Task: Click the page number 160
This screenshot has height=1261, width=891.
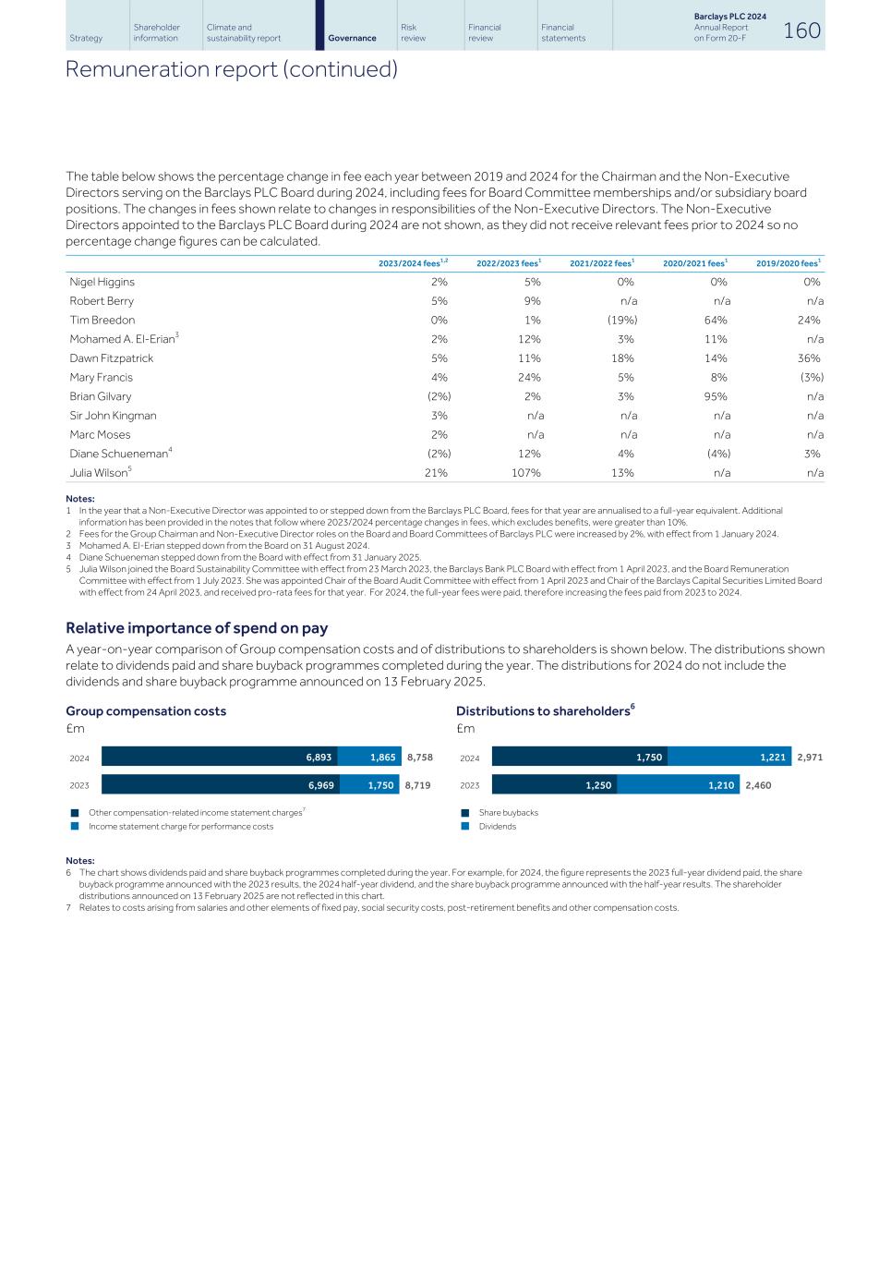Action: pos(801,30)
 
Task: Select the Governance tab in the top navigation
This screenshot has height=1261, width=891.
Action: pos(352,38)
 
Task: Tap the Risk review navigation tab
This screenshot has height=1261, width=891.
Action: pos(413,32)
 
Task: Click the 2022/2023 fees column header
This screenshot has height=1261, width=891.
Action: pos(508,263)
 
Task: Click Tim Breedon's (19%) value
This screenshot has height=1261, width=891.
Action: pos(621,321)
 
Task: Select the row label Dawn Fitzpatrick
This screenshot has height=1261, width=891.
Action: pos(112,358)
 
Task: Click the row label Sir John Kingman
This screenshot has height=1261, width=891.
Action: pos(113,416)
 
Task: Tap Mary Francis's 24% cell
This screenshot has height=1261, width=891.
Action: pos(529,377)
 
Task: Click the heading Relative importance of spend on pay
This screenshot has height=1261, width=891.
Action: pos(197,628)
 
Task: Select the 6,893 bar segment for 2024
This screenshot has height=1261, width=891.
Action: pos(220,757)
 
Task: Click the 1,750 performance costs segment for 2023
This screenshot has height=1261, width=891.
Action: pos(368,785)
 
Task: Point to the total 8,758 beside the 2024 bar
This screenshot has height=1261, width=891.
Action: pos(419,758)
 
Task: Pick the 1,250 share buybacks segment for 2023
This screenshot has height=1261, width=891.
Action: pos(554,785)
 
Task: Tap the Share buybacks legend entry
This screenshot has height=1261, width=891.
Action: pos(508,813)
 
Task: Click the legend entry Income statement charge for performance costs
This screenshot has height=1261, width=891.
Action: pos(180,827)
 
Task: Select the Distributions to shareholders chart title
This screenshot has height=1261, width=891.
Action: pos(543,711)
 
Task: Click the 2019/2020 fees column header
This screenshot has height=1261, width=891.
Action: pos(788,263)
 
